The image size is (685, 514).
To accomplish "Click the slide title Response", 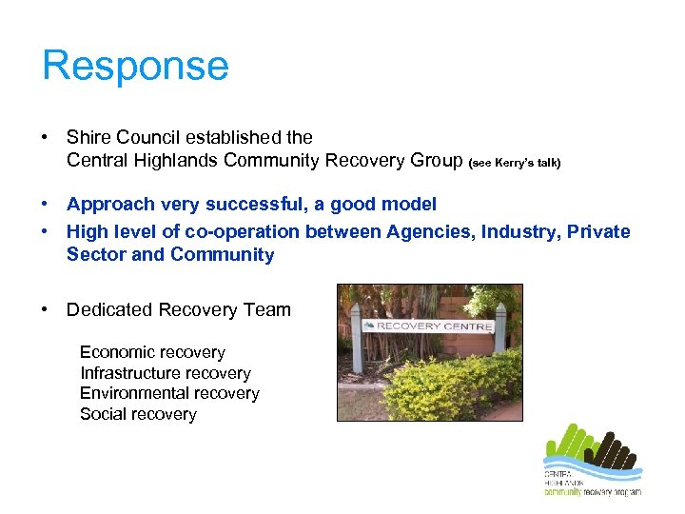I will point(135,67).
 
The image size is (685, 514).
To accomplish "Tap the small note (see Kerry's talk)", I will point(515,163).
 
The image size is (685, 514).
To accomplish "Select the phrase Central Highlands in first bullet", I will point(143,161).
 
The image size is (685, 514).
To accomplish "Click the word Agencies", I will point(424,232).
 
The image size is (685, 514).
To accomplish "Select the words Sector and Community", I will point(170,255).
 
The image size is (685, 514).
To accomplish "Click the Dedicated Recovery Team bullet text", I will point(178,309).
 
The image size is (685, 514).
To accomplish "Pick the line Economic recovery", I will point(152,353).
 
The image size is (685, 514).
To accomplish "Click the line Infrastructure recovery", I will point(165,373).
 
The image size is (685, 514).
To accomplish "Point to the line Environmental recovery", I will point(169,393).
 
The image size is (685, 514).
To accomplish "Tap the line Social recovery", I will point(138,414).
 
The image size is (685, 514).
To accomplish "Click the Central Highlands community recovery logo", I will point(591,461).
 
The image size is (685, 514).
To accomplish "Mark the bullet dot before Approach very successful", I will point(46,205).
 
